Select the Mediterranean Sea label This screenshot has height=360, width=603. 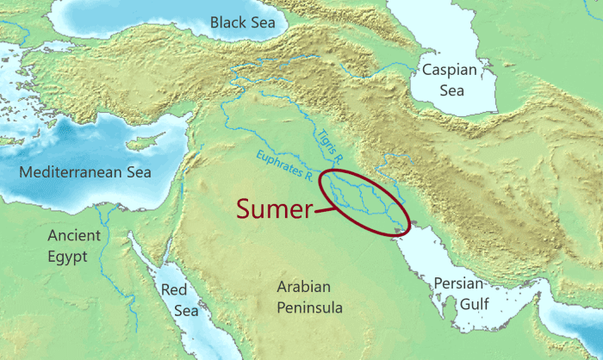[85, 172]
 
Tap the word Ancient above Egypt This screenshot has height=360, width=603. [74, 234]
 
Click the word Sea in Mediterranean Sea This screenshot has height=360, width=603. [135, 172]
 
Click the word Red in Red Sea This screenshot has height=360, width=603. [174, 289]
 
